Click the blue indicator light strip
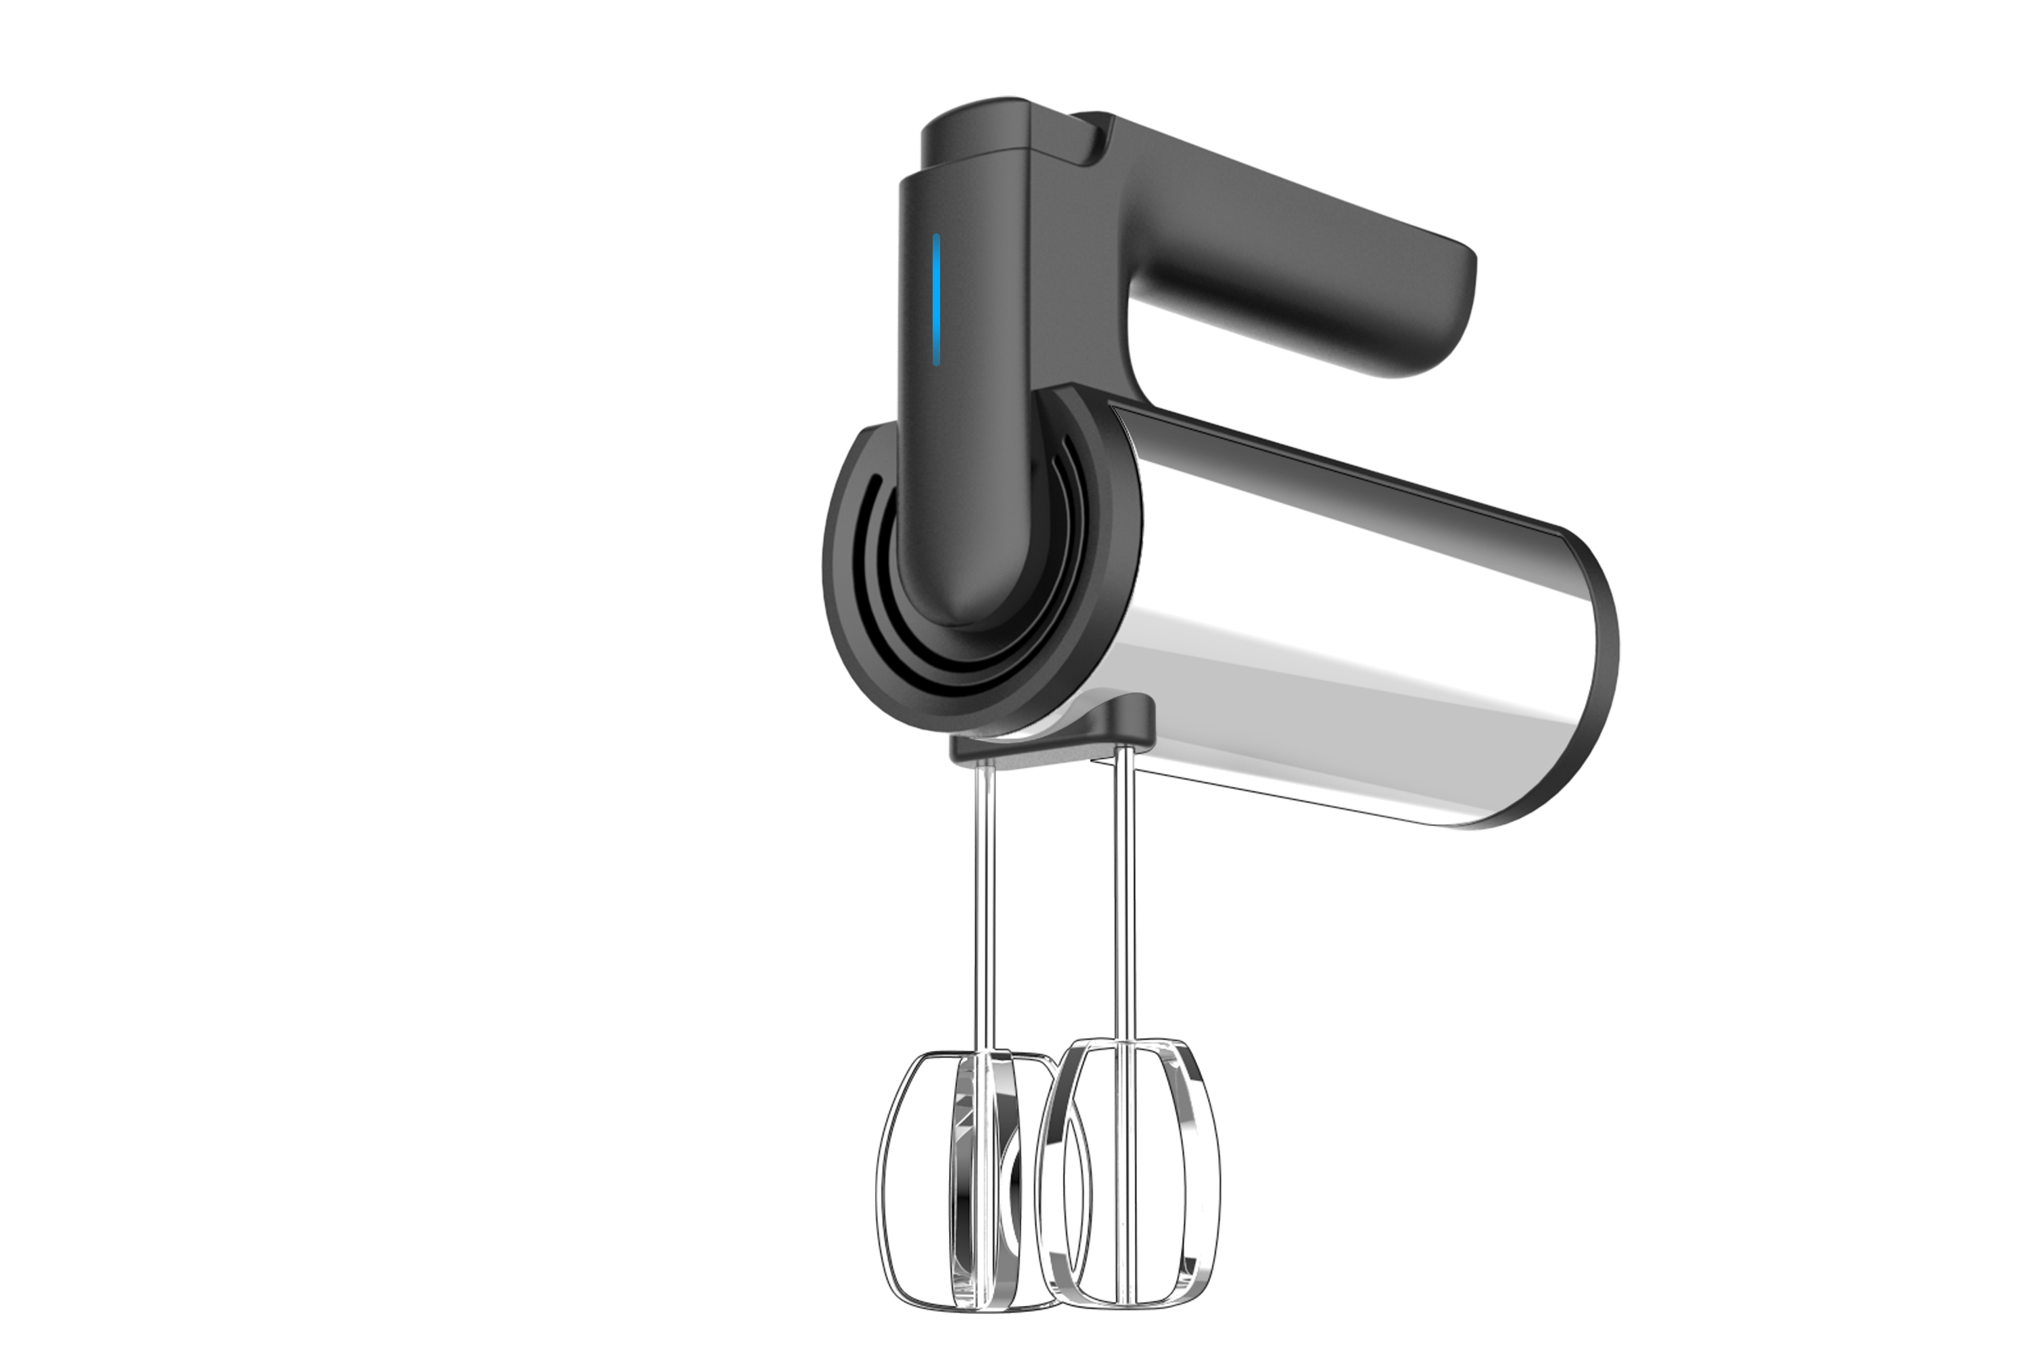click(x=936, y=299)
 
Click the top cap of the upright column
click(x=973, y=130)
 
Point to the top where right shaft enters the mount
click(x=1123, y=752)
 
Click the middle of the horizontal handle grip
click(x=1286, y=252)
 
